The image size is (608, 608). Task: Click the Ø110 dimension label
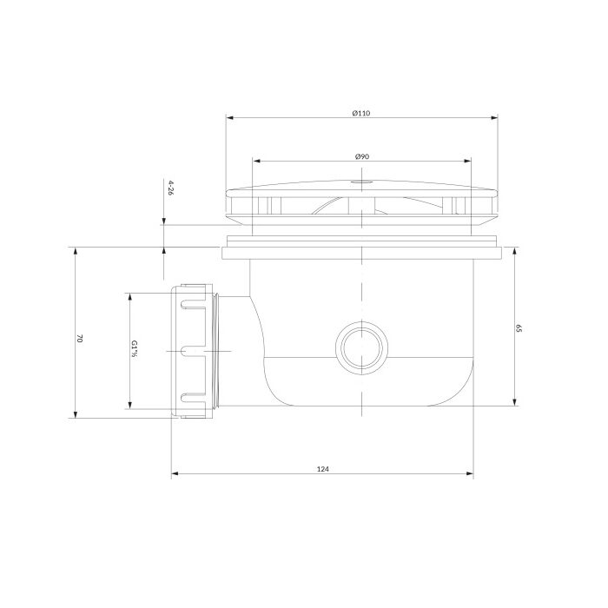(361, 113)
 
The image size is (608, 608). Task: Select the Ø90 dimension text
(362, 156)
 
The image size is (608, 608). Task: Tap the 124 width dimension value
(322, 469)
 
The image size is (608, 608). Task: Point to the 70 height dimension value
(80, 338)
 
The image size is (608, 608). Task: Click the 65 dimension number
(519, 328)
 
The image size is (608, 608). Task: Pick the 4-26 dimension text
(169, 188)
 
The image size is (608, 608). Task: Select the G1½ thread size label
(134, 348)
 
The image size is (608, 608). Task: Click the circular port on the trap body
(361, 347)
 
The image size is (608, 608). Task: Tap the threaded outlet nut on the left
(193, 351)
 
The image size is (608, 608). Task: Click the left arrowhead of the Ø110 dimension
(229, 118)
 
